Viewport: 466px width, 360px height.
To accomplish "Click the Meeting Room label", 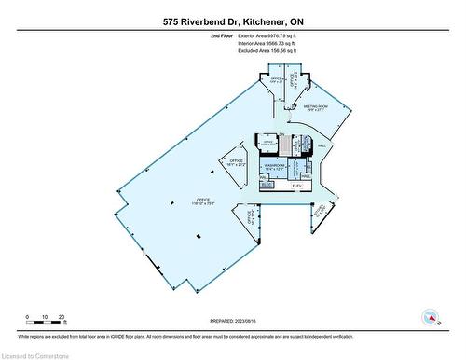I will point(317,107).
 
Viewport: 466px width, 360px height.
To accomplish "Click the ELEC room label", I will point(266,185).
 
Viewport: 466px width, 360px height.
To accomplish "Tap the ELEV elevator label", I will point(298,186).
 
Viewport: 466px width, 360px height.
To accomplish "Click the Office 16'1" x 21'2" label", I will point(229,163).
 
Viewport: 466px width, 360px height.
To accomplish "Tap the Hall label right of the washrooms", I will point(322,146).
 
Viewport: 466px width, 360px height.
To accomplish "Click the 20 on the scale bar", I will point(62,317).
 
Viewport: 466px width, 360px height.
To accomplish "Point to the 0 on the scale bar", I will point(28,317).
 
